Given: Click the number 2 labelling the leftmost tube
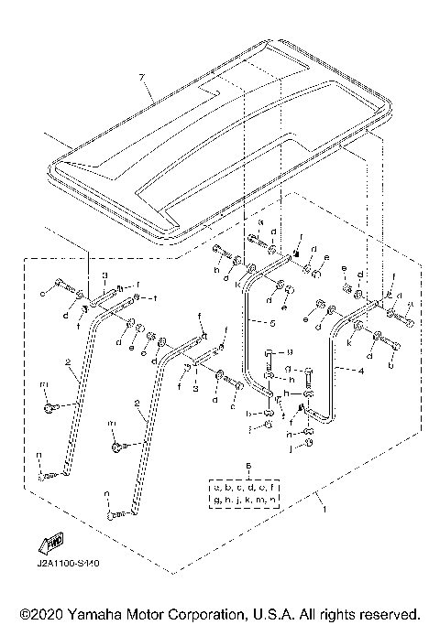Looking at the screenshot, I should (x=69, y=363).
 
